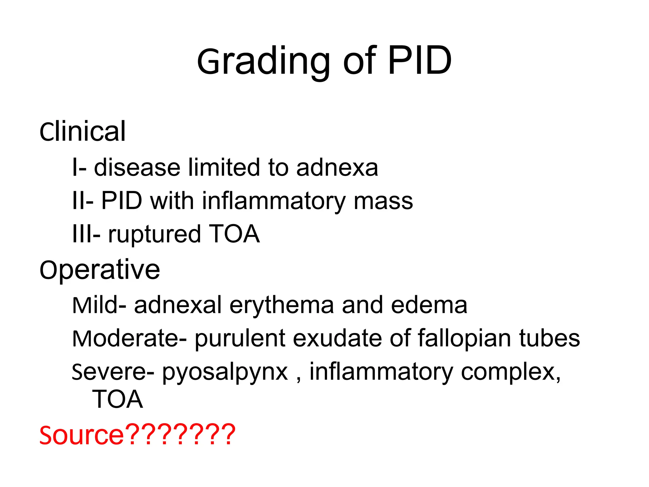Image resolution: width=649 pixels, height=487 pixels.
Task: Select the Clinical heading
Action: click(x=82, y=131)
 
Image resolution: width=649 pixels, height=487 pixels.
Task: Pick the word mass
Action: click(x=383, y=201)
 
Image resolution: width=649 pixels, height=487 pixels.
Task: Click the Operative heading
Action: click(x=100, y=270)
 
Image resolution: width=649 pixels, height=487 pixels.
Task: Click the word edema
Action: click(x=429, y=305)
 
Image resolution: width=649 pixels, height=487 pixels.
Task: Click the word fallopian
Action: click(x=464, y=339)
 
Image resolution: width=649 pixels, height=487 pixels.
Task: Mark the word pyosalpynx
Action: click(x=225, y=372)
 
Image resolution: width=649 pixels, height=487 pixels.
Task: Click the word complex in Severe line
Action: click(x=510, y=372)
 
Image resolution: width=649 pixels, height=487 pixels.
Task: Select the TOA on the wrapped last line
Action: click(x=117, y=399)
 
